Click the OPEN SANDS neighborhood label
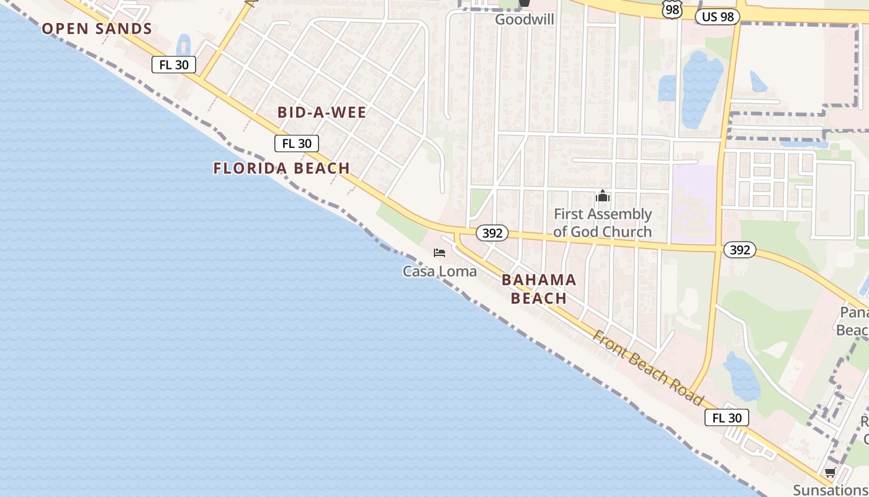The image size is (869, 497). (x=97, y=29)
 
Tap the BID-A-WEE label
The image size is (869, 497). (x=322, y=112)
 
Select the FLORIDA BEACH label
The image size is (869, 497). (x=282, y=168)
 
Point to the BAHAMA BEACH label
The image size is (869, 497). (x=539, y=289)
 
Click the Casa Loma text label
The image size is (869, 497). (x=439, y=271)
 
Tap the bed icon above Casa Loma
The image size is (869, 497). (x=439, y=253)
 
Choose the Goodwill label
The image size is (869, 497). (x=525, y=19)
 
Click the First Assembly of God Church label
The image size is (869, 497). (x=602, y=223)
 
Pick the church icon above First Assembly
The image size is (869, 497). (x=602, y=196)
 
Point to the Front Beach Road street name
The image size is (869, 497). (x=649, y=367)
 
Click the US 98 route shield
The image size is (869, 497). (x=718, y=17)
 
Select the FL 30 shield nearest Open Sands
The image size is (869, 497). (x=174, y=65)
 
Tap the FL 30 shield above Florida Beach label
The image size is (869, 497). (x=297, y=144)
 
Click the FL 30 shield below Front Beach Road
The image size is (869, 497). (x=726, y=417)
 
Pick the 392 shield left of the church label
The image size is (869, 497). (x=492, y=234)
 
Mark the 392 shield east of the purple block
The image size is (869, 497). (x=739, y=250)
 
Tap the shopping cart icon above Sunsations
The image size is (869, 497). (x=830, y=473)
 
